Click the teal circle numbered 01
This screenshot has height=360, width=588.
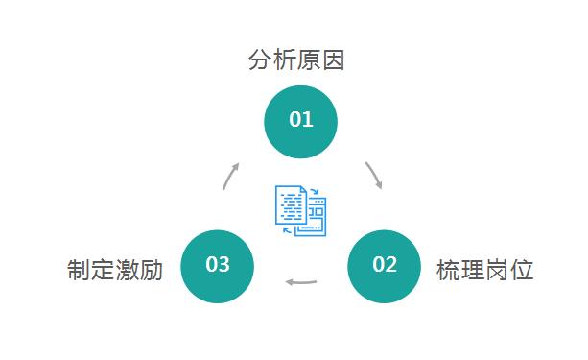coord(301,121)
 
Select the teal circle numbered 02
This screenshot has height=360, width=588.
coord(384,266)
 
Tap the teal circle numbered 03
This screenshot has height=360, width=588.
coord(218,266)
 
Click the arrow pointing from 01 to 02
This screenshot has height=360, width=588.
coord(374,175)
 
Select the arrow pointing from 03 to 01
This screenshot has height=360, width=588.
coord(230,176)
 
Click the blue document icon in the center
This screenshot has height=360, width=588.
coord(300,210)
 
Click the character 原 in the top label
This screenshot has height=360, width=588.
coord(309,60)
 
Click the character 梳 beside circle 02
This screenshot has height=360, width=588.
coord(448,270)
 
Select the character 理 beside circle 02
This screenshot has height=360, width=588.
coord(473,270)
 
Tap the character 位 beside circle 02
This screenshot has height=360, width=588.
coord(522,270)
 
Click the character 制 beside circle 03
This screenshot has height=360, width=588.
coord(79,270)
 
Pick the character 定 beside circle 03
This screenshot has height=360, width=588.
coord(103,270)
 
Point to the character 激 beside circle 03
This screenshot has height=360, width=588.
coord(128,270)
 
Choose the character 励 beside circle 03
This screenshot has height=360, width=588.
coord(152,270)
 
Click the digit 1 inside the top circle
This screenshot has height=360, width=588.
coord(308,120)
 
